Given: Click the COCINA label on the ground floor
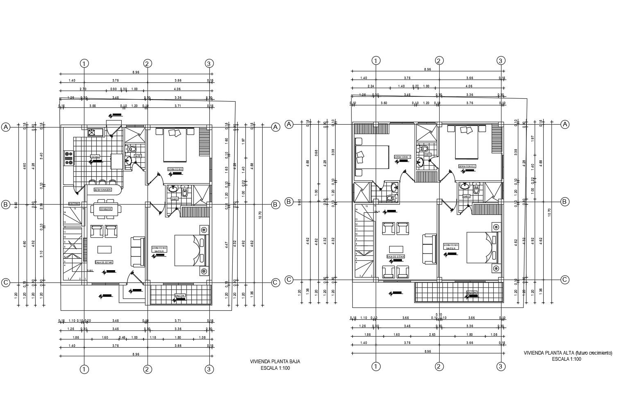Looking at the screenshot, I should pos(95,157).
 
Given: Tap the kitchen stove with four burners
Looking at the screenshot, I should pos(68,158).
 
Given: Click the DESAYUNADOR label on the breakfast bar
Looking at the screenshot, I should pos(103,190).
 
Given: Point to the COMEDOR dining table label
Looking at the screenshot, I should pos(105,209).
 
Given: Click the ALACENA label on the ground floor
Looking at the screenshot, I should pos(74,204).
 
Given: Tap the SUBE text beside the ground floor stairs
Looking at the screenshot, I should pos(90,271).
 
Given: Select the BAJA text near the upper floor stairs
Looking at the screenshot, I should pos(377,212).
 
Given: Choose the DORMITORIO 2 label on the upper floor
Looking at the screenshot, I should pos(467,166).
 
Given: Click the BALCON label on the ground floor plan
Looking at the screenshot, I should pos(179,296).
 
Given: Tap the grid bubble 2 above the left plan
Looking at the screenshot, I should pos(147,64).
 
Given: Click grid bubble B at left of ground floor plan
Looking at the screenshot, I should pos(6,205).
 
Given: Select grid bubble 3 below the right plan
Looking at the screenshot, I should pos(500,367).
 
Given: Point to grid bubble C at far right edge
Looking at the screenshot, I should pos(565,280).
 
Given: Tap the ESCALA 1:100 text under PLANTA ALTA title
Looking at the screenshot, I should pos(567,359).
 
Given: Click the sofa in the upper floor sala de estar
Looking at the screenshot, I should pos(430,249).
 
